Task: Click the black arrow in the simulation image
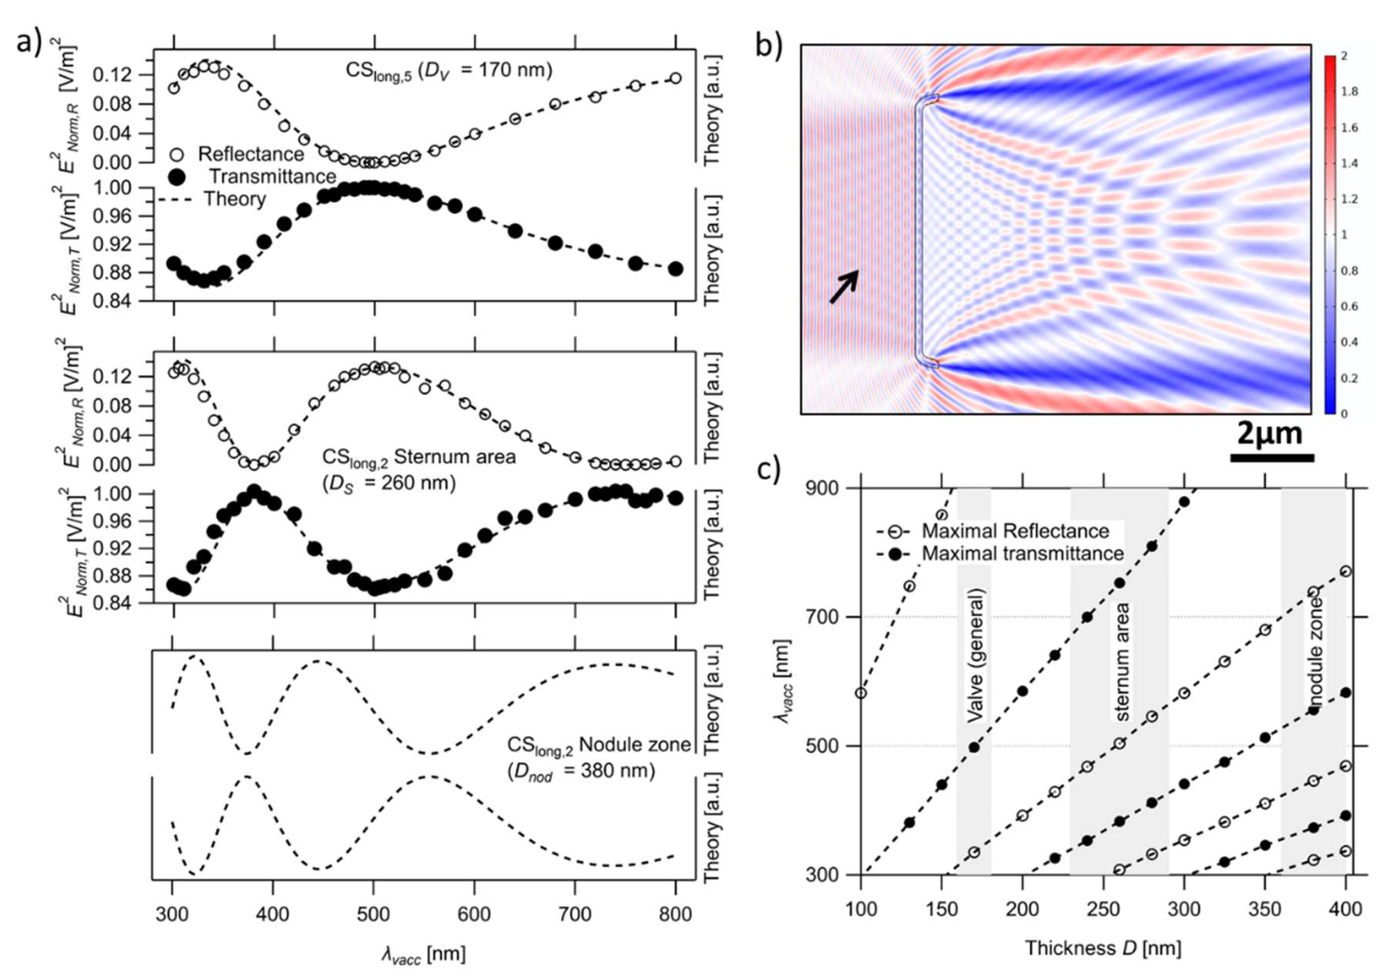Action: pos(844,286)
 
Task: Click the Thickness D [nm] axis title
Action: pos(1103,948)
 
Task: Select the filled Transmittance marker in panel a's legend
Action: pos(176,177)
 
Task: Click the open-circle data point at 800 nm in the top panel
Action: pos(675,78)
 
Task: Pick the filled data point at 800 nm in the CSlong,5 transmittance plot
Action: pos(675,269)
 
